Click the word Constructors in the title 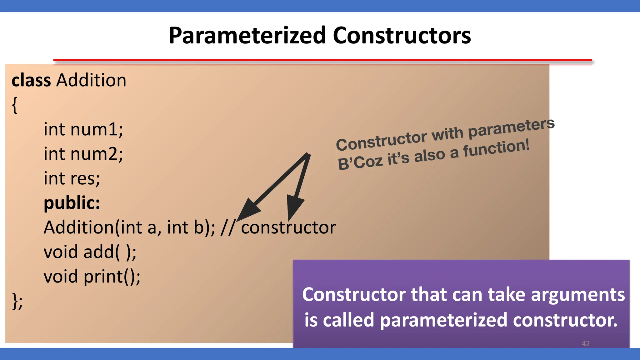pyautogui.click(x=402, y=35)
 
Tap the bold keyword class pyautogui.click(x=31, y=80)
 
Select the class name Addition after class pyautogui.click(x=91, y=80)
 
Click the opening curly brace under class pyautogui.click(x=15, y=105)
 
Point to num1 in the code pyautogui.click(x=97, y=129)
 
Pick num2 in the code pyautogui.click(x=97, y=154)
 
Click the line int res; pyautogui.click(x=72, y=178)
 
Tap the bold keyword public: pyautogui.click(x=72, y=203)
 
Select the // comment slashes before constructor pyautogui.click(x=227, y=227)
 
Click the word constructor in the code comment pyautogui.click(x=288, y=227)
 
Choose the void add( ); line pyautogui.click(x=90, y=252)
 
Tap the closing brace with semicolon pyautogui.click(x=17, y=301)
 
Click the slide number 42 pyautogui.click(x=586, y=344)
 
